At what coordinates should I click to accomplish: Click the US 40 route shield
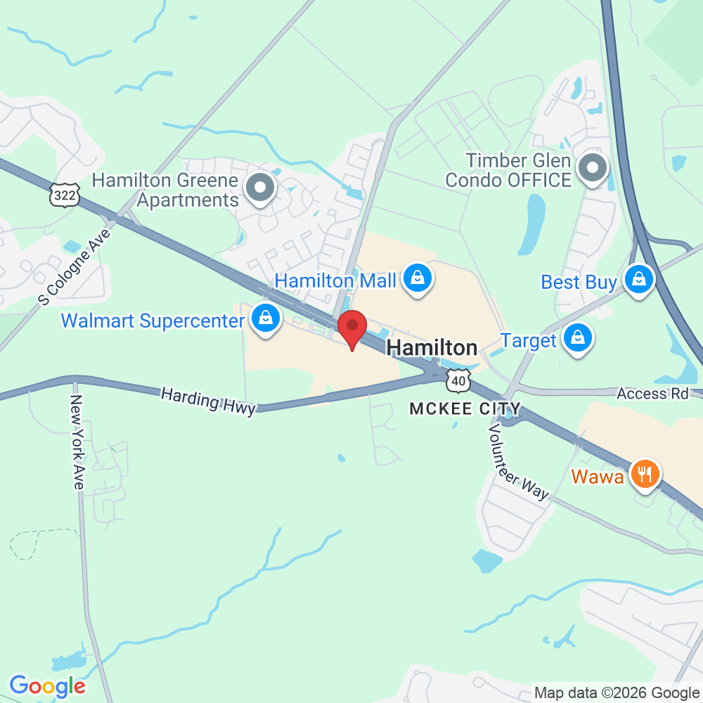pos(458,381)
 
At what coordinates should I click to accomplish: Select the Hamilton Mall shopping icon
pos(418,279)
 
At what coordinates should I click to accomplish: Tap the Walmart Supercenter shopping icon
pos(266,319)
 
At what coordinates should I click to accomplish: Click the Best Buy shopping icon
pos(639,280)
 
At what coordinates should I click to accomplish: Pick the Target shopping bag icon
pos(578,339)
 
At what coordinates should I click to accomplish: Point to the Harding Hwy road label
pos(208,401)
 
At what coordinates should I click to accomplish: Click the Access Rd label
pos(652,394)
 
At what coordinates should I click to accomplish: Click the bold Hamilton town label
pos(432,347)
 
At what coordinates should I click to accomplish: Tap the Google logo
pos(47,685)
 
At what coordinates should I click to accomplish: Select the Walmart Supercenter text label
pos(153,321)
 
